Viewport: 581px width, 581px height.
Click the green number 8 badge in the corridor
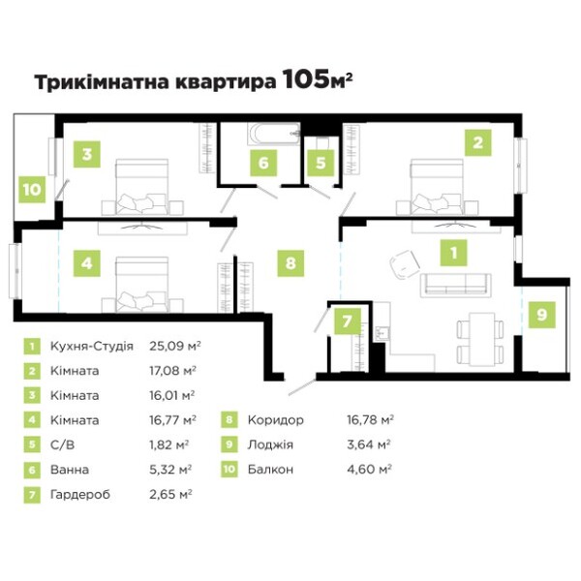tap(290, 263)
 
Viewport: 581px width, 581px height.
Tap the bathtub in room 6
tap(274, 134)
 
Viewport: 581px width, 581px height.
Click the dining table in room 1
tap(480, 339)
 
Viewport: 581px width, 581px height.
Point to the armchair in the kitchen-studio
tap(405, 263)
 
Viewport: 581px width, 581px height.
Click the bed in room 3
tap(142, 187)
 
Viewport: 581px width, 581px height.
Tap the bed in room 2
tap(437, 187)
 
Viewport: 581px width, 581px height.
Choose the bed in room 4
tap(142, 285)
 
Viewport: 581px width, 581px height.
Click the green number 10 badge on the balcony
tap(32, 190)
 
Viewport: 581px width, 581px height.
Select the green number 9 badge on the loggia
tap(541, 315)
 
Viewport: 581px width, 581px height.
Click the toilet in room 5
tap(321, 142)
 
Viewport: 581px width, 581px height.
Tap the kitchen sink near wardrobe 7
tap(382, 333)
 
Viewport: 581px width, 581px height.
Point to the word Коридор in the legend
tap(276, 420)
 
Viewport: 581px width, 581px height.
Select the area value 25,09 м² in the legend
tap(175, 346)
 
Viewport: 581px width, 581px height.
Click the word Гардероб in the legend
tap(80, 495)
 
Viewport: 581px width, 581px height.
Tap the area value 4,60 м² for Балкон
tap(370, 470)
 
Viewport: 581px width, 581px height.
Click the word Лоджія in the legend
tap(270, 444)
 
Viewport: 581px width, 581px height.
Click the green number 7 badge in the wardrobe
tap(348, 321)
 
